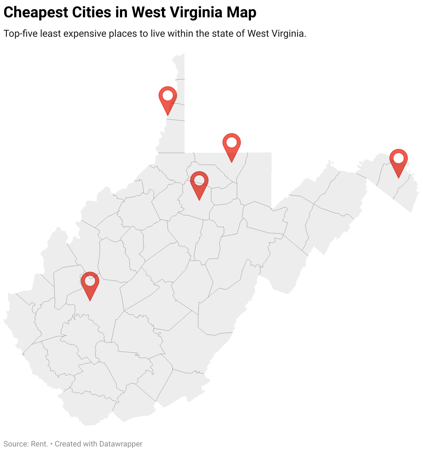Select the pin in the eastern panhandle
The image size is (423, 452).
398,161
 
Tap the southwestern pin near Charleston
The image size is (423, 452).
90,284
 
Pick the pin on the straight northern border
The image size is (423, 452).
231,145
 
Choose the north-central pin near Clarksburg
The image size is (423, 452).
199,183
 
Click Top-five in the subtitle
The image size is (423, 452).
20,34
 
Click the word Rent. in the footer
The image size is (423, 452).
40,444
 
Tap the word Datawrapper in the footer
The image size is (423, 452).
121,444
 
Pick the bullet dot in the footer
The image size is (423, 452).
51,444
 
